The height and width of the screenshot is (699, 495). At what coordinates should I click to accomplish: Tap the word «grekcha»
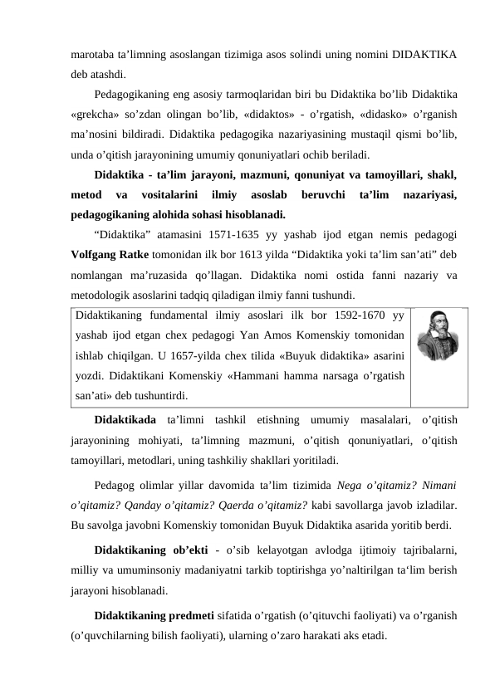click(x=97, y=114)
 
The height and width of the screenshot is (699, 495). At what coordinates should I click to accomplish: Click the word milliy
click(x=85, y=573)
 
